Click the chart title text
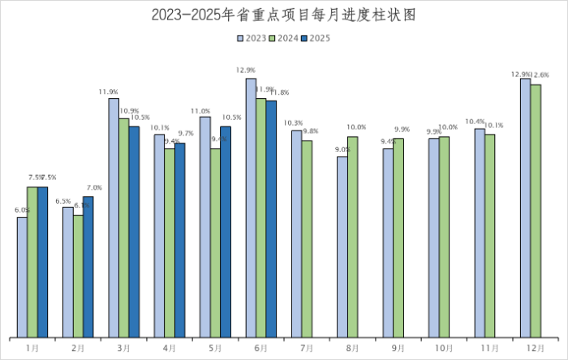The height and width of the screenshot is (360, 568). click(284, 15)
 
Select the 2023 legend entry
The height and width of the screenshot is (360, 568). click(252, 37)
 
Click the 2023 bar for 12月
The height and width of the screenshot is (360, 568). click(525, 208)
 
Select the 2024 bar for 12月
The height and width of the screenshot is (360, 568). click(536, 211)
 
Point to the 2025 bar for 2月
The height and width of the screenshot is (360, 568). click(88, 267)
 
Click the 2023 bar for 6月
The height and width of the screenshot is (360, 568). click(251, 208)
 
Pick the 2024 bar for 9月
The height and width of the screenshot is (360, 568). click(398, 238)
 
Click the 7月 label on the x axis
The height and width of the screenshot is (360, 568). click(308, 348)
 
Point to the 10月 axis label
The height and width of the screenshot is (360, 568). click(444, 348)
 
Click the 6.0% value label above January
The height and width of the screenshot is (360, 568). click(22, 211)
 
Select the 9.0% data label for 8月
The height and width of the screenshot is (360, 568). click(342, 149)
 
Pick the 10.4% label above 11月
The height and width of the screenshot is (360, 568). click(475, 122)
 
